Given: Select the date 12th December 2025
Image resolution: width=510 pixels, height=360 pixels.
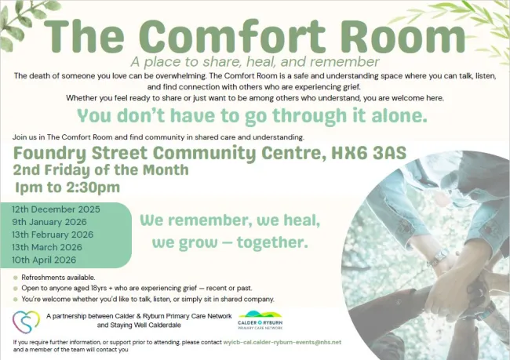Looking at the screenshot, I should tap(55, 209).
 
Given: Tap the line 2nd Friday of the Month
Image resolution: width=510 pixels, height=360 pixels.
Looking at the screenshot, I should tap(101, 169).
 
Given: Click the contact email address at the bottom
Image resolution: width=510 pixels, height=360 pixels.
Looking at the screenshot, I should tap(282, 343).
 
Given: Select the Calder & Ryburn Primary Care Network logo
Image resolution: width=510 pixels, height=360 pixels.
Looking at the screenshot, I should tap(261, 322).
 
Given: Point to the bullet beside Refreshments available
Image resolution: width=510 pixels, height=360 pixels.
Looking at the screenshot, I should tap(16, 278).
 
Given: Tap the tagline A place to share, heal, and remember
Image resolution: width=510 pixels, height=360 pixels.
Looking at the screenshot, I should tap(255, 61).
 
